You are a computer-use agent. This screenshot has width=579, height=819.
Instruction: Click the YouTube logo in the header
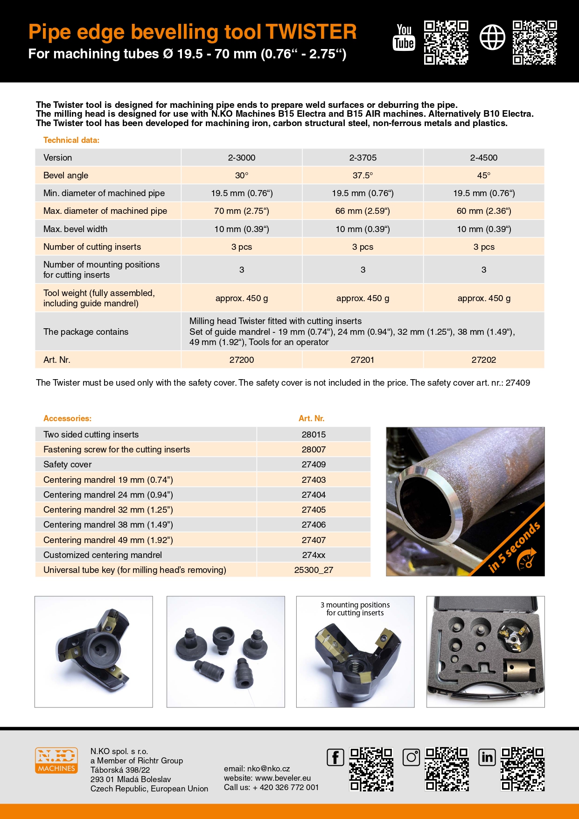(404, 37)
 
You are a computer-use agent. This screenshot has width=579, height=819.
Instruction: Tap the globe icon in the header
(492, 37)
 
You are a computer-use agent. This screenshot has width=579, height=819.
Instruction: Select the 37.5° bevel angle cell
(363, 176)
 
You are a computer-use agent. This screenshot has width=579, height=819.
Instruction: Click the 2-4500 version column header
(484, 158)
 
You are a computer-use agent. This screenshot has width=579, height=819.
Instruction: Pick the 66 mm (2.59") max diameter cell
(363, 211)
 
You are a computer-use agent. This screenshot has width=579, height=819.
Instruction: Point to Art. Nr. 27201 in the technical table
(363, 360)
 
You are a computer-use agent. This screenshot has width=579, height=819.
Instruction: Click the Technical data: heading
(71, 140)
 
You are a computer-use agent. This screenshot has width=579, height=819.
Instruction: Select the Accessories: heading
(67, 418)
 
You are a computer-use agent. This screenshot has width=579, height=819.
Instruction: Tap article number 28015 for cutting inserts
(314, 435)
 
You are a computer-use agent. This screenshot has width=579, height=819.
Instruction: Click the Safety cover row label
(68, 465)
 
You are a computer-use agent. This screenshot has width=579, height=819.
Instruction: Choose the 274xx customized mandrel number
(314, 555)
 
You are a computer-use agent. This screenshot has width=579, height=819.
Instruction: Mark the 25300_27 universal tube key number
(314, 570)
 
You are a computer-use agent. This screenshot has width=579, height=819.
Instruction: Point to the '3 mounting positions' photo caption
(355, 609)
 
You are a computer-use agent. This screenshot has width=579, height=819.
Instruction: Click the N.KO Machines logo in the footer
(56, 760)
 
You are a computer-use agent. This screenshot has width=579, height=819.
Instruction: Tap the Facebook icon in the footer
(335, 757)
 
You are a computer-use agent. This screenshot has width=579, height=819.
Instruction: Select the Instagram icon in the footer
(411, 757)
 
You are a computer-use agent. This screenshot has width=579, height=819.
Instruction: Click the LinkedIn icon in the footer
(487, 757)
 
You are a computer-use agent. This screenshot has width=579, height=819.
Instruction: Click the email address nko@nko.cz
(268, 769)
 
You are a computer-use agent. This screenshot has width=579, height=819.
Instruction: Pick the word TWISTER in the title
(311, 32)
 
